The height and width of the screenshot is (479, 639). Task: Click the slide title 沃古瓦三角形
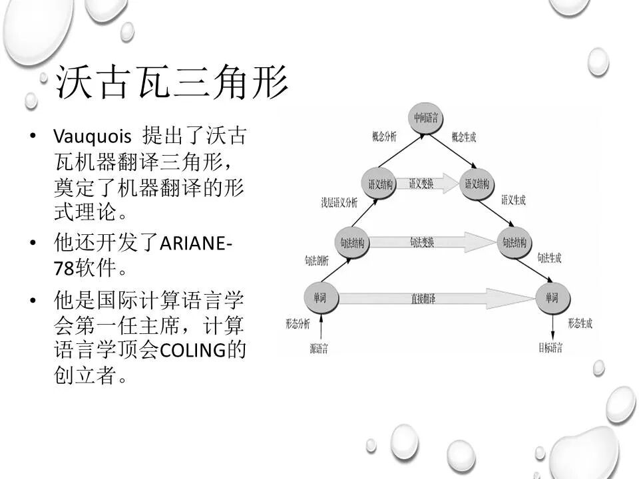point(172,82)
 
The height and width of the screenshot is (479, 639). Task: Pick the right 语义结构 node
point(477,184)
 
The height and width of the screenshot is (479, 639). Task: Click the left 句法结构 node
point(352,241)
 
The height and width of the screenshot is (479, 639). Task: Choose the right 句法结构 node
point(515,241)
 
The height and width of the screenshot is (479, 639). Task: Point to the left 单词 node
point(321,298)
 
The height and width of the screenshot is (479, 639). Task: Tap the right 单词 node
point(552,298)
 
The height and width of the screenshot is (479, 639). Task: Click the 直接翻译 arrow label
point(423,299)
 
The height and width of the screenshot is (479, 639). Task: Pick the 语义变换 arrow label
point(421,184)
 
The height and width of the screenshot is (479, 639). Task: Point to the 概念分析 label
point(384,137)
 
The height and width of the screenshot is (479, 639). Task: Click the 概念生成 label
point(464,137)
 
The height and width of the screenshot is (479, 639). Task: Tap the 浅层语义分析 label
point(339,202)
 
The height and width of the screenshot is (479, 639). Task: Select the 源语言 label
point(319,349)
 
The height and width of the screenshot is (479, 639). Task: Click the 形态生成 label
point(580,324)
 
